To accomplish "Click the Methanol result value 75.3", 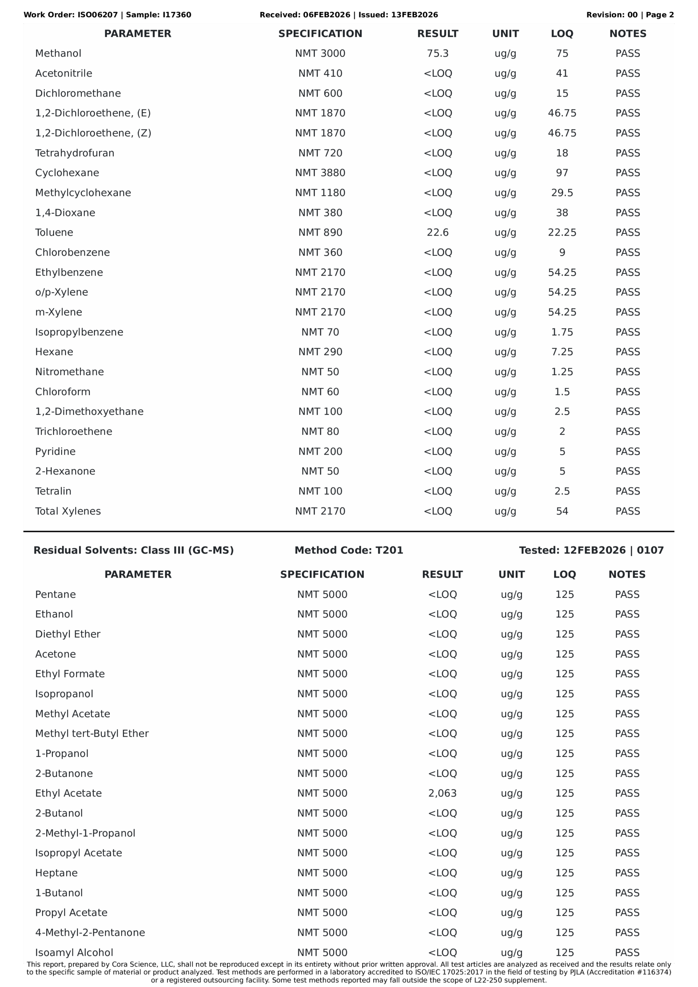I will coord(437,54).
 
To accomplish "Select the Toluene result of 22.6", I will coord(437,232).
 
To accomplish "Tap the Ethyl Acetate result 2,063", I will coord(442,793).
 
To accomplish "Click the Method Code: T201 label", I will coord(348,550).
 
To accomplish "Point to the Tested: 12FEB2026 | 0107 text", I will coord(591,550).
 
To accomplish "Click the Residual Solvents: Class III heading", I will coord(133,550).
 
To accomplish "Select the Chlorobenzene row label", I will coord(72,252).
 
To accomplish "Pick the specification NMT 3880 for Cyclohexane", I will coord(320,173).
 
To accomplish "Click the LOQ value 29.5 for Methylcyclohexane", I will coord(562,193).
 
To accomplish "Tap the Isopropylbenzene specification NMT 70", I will coord(320,332).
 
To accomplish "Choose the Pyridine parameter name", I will coord(55,451).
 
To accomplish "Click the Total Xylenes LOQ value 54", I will coord(562,511).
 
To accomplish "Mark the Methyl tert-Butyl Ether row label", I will coord(92,733).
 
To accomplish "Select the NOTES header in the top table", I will coord(627,34).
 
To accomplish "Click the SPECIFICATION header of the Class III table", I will coord(322,574).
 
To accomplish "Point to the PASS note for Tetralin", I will coord(627,491).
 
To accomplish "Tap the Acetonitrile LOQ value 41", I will coord(562,74).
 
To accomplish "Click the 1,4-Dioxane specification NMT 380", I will coord(320,213).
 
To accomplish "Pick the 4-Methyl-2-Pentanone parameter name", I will coord(90,932).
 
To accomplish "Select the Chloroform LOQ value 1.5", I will coord(562,392).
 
